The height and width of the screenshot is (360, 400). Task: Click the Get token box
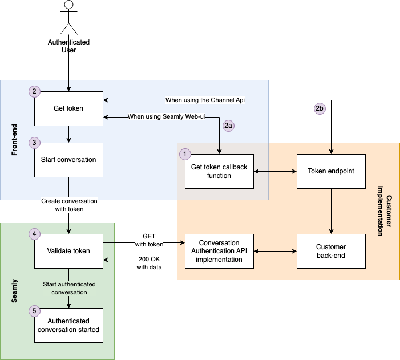[68, 108]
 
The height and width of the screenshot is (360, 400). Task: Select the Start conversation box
[68, 160]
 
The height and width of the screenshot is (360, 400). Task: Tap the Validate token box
[68, 251]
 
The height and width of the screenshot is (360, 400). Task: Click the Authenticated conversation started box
[68, 325]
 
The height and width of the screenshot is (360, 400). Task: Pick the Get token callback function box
[219, 171]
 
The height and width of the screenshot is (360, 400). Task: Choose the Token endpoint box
[331, 171]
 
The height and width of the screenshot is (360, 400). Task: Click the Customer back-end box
[331, 251]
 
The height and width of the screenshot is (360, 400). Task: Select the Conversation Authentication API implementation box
[219, 251]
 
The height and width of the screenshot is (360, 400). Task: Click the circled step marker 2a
[228, 126]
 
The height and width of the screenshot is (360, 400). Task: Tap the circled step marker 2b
[320, 108]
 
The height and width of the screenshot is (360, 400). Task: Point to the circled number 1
[185, 154]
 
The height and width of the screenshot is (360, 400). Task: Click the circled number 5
[34, 311]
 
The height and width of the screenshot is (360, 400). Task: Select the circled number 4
[34, 234]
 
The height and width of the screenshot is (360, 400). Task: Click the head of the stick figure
[68, 5]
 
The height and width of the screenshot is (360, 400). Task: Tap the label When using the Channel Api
[205, 100]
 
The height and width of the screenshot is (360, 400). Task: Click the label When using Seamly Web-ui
[166, 116]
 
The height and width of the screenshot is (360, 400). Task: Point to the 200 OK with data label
[150, 263]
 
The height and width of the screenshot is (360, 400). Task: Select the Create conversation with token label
[69, 205]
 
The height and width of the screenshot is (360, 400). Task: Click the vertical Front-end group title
[14, 140]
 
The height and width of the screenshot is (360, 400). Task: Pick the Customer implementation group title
[385, 211]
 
